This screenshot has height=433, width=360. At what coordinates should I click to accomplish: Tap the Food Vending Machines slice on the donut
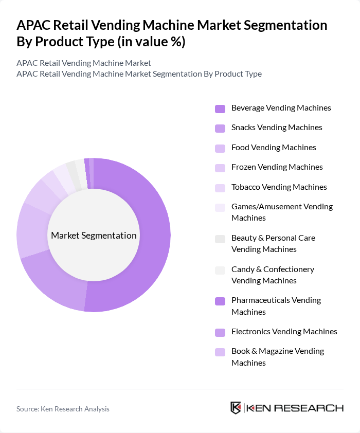click(32, 230)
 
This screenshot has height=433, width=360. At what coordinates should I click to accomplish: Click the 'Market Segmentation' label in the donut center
click(94, 236)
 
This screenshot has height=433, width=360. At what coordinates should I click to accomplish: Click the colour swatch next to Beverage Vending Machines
click(220, 109)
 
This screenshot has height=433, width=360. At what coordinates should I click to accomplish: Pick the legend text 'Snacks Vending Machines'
click(277, 128)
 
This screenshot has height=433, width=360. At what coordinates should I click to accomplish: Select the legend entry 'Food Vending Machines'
click(274, 148)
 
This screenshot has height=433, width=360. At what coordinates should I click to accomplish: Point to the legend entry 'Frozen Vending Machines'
click(277, 167)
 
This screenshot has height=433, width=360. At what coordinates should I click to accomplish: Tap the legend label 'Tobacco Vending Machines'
click(279, 187)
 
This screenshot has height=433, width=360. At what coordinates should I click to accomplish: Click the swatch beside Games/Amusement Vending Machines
click(220, 207)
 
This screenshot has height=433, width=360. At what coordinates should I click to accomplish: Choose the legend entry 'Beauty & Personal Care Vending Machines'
click(273, 243)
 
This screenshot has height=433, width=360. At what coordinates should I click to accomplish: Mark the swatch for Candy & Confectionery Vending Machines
click(220, 270)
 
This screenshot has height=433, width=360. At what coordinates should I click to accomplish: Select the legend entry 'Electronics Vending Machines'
click(284, 332)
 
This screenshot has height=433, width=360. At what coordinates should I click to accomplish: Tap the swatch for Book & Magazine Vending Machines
click(220, 352)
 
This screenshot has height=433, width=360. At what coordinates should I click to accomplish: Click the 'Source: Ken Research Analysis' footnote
click(63, 409)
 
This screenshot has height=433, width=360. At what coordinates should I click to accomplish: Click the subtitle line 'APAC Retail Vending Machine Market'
click(84, 63)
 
